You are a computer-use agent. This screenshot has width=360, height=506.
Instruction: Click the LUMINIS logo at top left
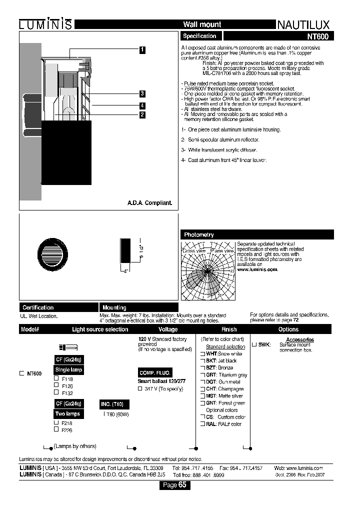(x=45, y=24)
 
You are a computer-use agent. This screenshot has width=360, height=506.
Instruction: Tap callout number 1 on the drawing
(x=142, y=49)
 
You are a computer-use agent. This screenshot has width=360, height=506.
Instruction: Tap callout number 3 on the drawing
(x=142, y=93)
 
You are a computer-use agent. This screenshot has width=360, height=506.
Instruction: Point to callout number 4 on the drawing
(x=142, y=105)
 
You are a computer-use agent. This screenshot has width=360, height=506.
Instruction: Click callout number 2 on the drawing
(x=142, y=114)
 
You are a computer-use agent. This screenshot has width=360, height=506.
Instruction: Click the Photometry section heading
(x=199, y=234)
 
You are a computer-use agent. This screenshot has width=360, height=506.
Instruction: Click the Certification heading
(x=37, y=307)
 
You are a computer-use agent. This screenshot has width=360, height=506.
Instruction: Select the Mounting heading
(x=114, y=307)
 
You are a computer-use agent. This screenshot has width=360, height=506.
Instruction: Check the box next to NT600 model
(x=21, y=373)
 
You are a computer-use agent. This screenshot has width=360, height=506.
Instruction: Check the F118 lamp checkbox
(x=56, y=378)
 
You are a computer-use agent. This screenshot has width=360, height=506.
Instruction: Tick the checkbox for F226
(x=56, y=429)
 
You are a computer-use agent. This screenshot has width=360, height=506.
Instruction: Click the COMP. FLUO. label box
(x=154, y=373)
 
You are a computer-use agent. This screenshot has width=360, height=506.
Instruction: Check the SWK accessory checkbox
(x=254, y=344)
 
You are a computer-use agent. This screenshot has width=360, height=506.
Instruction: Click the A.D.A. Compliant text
(x=149, y=203)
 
